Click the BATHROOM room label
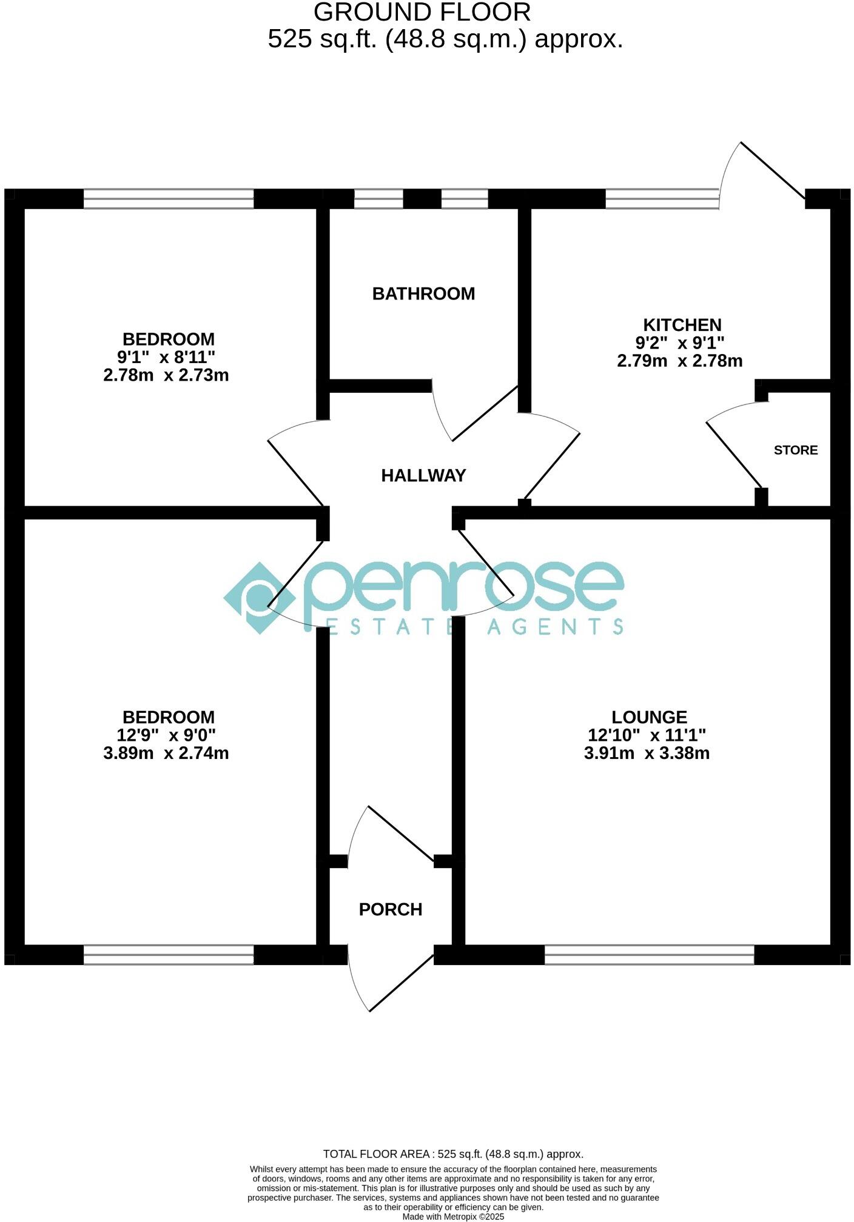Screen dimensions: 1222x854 tap(423, 294)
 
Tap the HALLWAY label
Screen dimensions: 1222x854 tap(423, 476)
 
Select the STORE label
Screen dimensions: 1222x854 tap(796, 450)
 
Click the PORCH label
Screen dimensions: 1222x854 tap(391, 910)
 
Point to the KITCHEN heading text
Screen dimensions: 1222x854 tap(682, 325)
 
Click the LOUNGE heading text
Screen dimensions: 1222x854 tap(649, 718)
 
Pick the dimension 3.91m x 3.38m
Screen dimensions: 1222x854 tap(647, 753)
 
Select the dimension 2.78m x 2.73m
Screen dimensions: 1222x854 tap(166, 375)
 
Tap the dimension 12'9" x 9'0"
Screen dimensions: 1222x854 tap(166, 735)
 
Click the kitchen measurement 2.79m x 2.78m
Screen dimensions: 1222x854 tap(680, 361)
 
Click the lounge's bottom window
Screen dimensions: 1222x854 tap(649, 955)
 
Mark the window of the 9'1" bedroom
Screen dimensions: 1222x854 tap(169, 199)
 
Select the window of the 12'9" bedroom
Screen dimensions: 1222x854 tap(169, 955)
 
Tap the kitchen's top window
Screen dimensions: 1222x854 tap(662, 199)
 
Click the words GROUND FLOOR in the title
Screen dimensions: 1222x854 tap(422, 12)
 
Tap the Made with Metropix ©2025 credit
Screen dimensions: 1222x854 tap(453, 1217)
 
